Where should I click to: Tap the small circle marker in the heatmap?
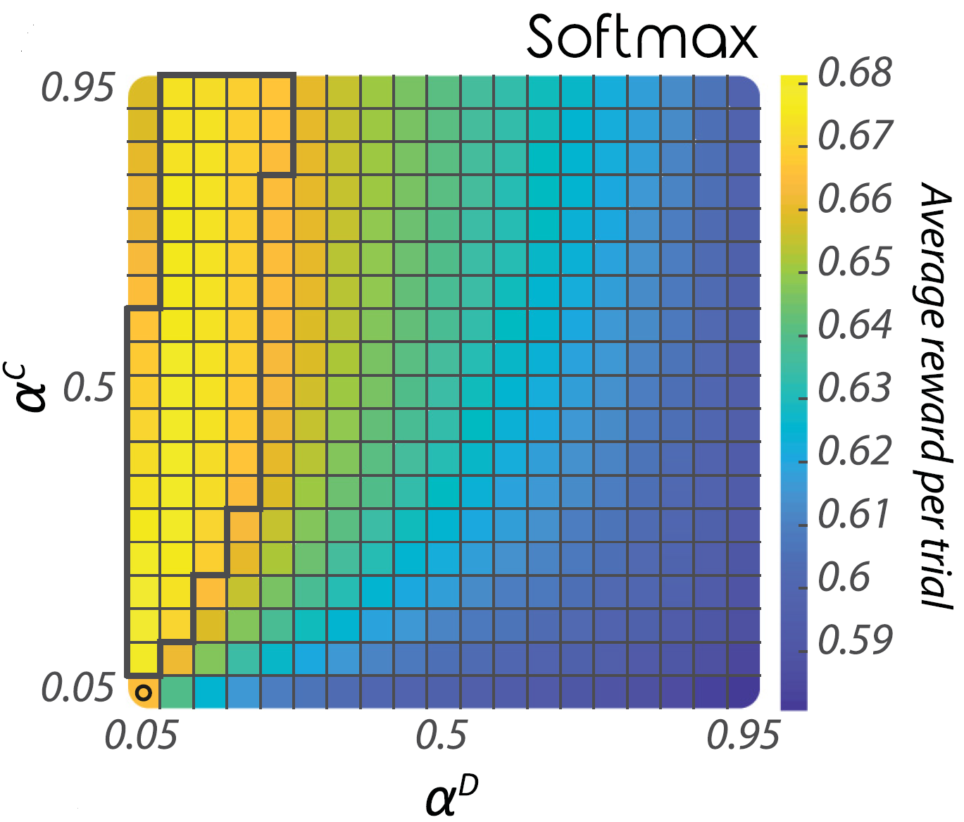[x=144, y=692]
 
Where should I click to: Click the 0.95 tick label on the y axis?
[x=77, y=89]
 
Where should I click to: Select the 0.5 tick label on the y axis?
[x=89, y=387]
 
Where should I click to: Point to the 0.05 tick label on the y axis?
[x=77, y=687]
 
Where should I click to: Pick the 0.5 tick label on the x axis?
[x=442, y=736]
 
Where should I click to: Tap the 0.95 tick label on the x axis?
[x=744, y=736]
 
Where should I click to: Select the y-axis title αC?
[x=32, y=387]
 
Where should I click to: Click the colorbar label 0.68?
[x=855, y=73]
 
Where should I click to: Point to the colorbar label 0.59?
[x=855, y=640]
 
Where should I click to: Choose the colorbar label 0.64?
[x=855, y=325]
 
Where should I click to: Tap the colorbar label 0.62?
[x=855, y=451]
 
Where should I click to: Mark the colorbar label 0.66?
[x=855, y=199]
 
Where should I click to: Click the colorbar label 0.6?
[x=844, y=578]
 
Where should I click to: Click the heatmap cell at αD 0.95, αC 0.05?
[x=744, y=692]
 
